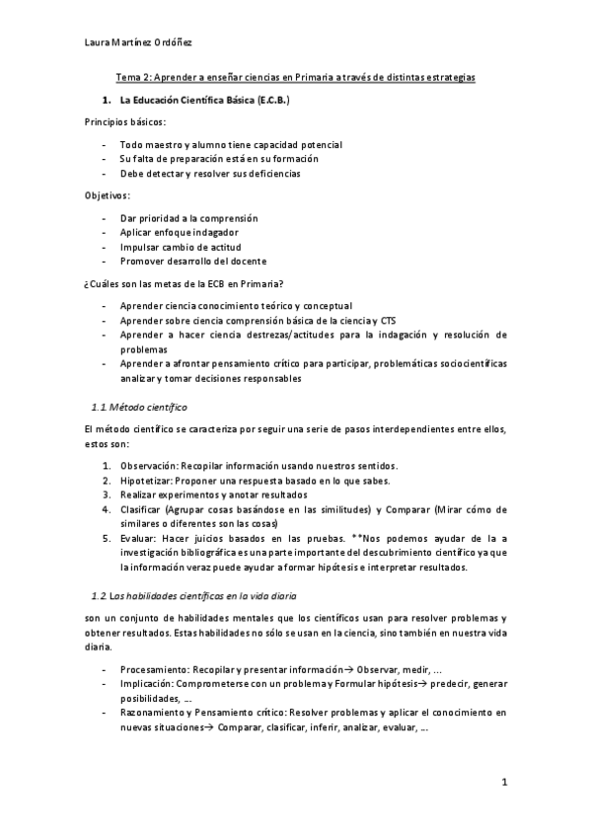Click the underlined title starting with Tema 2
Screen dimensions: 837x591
296,76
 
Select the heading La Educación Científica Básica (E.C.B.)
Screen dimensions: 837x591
204,101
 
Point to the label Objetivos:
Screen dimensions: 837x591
109,195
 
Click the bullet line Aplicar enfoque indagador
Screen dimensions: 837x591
179,231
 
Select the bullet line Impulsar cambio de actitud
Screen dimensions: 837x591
181,246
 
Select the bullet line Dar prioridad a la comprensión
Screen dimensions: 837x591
188,217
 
